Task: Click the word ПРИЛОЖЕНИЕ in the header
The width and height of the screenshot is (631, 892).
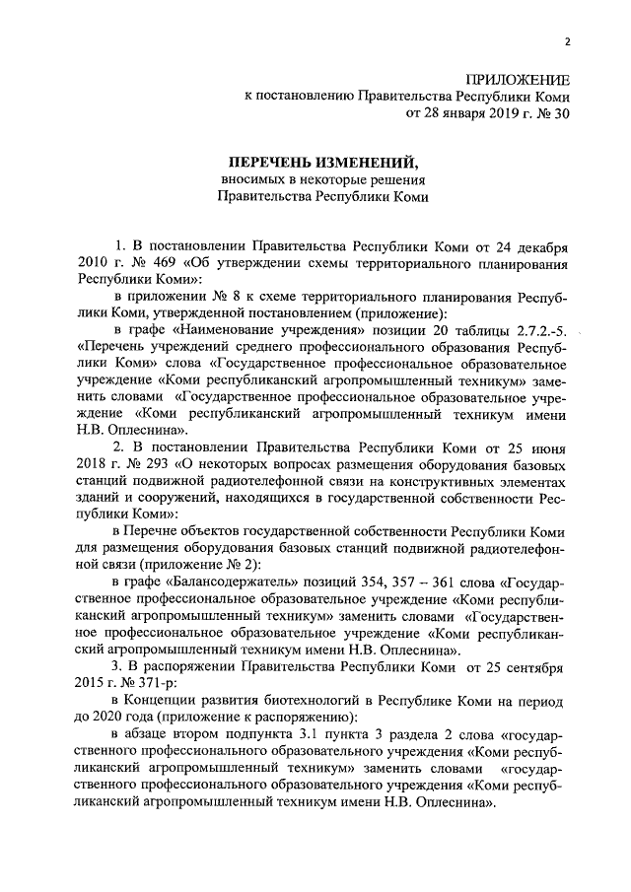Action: (x=517, y=80)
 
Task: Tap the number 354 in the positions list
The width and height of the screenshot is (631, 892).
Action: (x=364, y=582)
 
